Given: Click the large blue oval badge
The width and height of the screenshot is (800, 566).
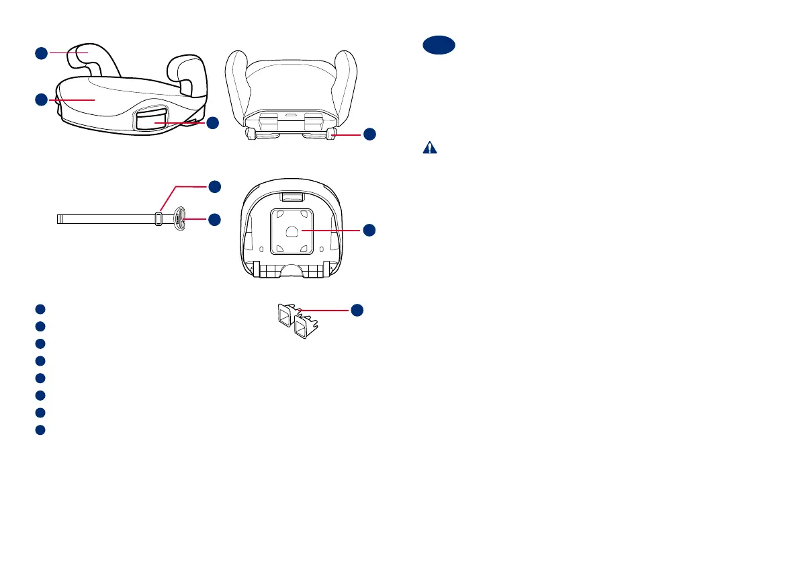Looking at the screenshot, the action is point(439,46).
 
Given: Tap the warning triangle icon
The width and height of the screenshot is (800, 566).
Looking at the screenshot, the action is point(429,149).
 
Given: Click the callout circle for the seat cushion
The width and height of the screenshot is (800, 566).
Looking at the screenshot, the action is point(41,99).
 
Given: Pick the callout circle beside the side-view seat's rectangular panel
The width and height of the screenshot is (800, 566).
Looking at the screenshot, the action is point(212,123).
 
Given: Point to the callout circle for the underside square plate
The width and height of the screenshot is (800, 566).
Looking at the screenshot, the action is point(369,231).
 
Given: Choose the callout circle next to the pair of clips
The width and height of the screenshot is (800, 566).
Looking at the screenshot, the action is point(357,310).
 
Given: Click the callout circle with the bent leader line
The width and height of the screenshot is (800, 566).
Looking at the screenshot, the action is point(212,186).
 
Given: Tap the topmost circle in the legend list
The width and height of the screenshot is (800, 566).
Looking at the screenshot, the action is point(40,309).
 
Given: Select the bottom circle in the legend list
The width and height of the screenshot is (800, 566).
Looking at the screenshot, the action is point(40,430).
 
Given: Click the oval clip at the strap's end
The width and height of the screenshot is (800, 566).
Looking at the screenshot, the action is point(179,218).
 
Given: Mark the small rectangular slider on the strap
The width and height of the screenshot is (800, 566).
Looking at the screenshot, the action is point(159,218).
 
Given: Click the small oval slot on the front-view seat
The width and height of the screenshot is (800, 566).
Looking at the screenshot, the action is point(291,115).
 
